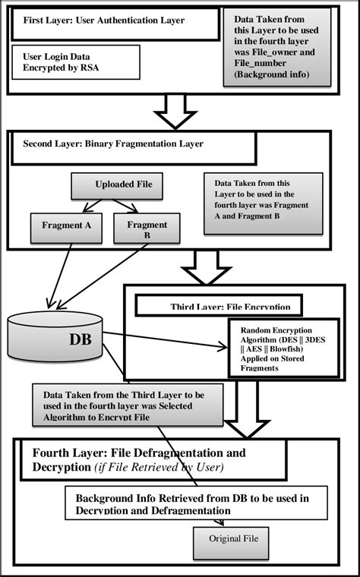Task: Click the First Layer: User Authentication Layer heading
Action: click(114, 20)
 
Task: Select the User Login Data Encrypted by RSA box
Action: click(76, 61)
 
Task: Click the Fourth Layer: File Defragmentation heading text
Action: click(138, 459)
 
